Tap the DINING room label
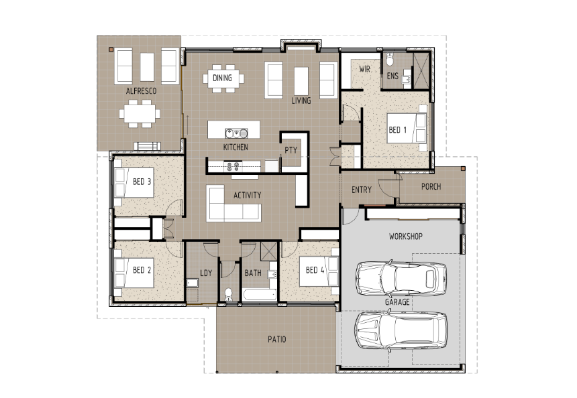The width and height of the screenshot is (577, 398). (x=222, y=78)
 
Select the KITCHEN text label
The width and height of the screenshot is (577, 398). (x=235, y=147)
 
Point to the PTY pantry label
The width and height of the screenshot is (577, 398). (x=291, y=151)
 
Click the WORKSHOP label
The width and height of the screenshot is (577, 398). (x=405, y=237)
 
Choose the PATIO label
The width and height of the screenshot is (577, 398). (x=276, y=340)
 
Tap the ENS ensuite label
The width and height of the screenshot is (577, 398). (x=393, y=77)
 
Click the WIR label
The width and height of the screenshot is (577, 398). (x=366, y=69)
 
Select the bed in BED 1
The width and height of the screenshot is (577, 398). (x=411, y=130)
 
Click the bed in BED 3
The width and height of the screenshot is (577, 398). (x=134, y=182)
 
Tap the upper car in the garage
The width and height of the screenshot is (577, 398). (x=401, y=277)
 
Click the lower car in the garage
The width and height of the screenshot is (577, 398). (x=401, y=328)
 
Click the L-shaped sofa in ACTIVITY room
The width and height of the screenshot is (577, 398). (x=232, y=204)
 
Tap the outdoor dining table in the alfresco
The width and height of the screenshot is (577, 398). (x=141, y=114)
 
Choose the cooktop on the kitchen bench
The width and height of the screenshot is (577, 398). (x=235, y=165)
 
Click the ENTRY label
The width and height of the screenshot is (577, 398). (x=361, y=190)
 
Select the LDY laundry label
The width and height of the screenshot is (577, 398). (x=206, y=273)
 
